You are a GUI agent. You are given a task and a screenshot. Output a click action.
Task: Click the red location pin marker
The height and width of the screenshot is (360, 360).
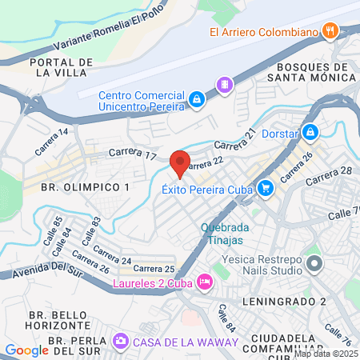click(x=180, y=162)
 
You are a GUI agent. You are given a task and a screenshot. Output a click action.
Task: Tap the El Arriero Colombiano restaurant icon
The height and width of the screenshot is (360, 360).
click(x=330, y=31)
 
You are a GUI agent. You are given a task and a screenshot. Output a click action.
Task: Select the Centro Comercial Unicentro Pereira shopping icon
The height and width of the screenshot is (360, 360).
click(x=196, y=98)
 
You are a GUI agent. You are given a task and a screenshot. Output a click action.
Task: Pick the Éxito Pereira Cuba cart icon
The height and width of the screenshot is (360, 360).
click(x=266, y=190)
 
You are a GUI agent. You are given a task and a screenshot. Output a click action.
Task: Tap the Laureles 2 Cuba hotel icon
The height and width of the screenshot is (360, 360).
click(x=205, y=282)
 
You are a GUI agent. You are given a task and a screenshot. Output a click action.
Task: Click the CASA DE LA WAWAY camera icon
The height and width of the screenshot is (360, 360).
click(x=122, y=342)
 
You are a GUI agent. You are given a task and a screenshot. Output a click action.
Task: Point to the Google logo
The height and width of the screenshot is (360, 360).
click(x=26, y=350)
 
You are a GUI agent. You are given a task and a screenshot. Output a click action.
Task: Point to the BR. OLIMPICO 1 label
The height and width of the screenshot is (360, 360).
click(x=84, y=186)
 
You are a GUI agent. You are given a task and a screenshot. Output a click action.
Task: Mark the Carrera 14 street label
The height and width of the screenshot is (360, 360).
click(x=52, y=143)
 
